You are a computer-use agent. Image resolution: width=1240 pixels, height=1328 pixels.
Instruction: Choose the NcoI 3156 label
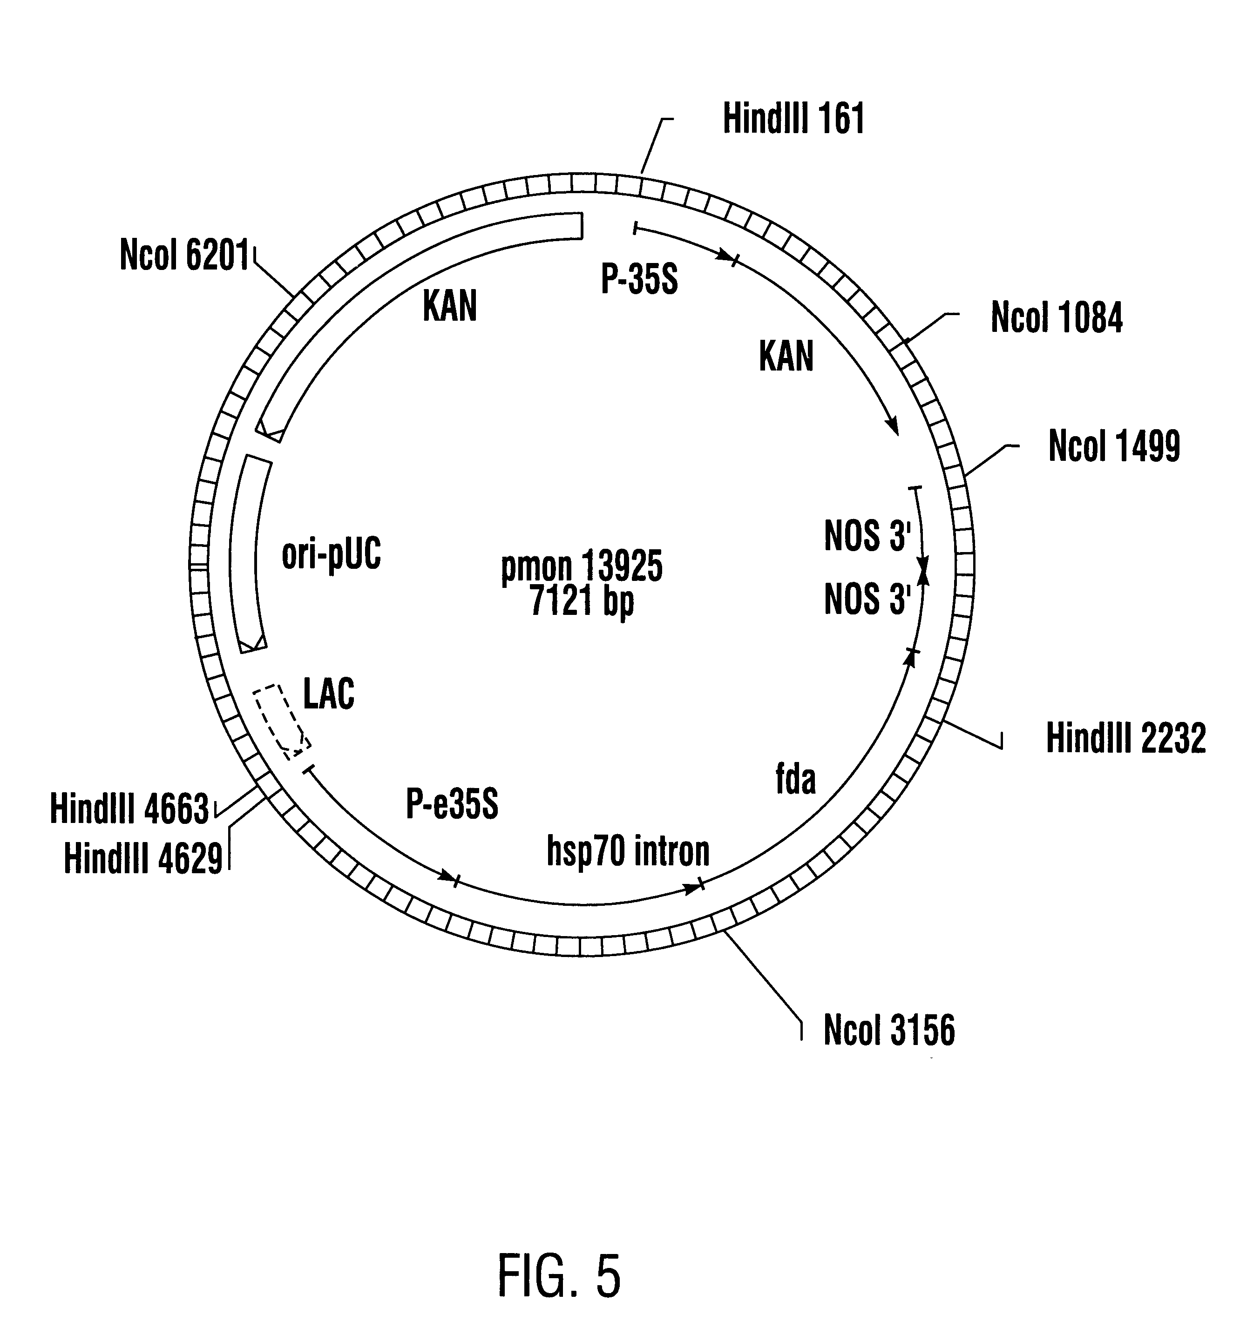888,1030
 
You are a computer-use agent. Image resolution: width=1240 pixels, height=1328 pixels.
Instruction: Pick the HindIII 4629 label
143,858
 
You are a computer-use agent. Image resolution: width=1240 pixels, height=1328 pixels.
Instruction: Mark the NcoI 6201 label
184,255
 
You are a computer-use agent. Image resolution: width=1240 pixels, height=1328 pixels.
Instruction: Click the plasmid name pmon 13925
581,566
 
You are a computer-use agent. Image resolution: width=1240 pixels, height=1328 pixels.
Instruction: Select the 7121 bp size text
581,601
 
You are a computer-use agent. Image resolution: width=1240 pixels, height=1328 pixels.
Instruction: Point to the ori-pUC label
332,554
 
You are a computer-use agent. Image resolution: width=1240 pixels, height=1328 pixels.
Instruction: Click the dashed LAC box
281,721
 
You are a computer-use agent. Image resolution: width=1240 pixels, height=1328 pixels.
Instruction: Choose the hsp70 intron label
628,851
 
